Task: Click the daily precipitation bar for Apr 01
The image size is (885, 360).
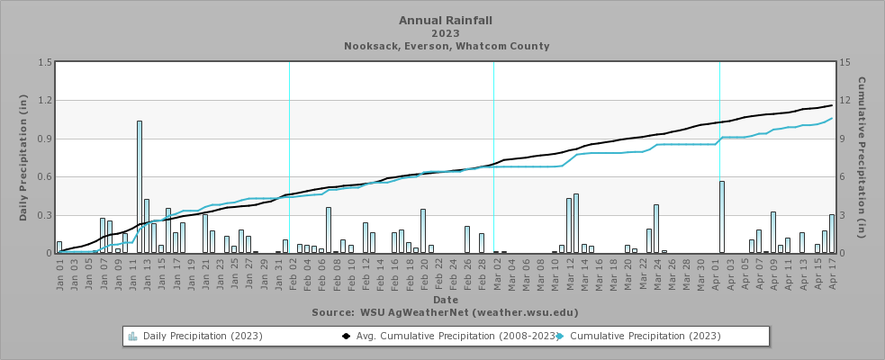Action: [722, 217]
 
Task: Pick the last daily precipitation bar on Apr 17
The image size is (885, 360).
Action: [832, 233]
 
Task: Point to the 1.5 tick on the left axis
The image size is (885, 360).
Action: [43, 63]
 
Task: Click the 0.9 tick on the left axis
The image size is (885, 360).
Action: [43, 139]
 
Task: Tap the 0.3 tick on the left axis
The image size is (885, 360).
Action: [43, 215]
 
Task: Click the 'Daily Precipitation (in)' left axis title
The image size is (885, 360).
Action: [23, 157]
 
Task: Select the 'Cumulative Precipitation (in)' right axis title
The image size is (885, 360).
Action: [862, 157]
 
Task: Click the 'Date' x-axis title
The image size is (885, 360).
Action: [445, 299]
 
